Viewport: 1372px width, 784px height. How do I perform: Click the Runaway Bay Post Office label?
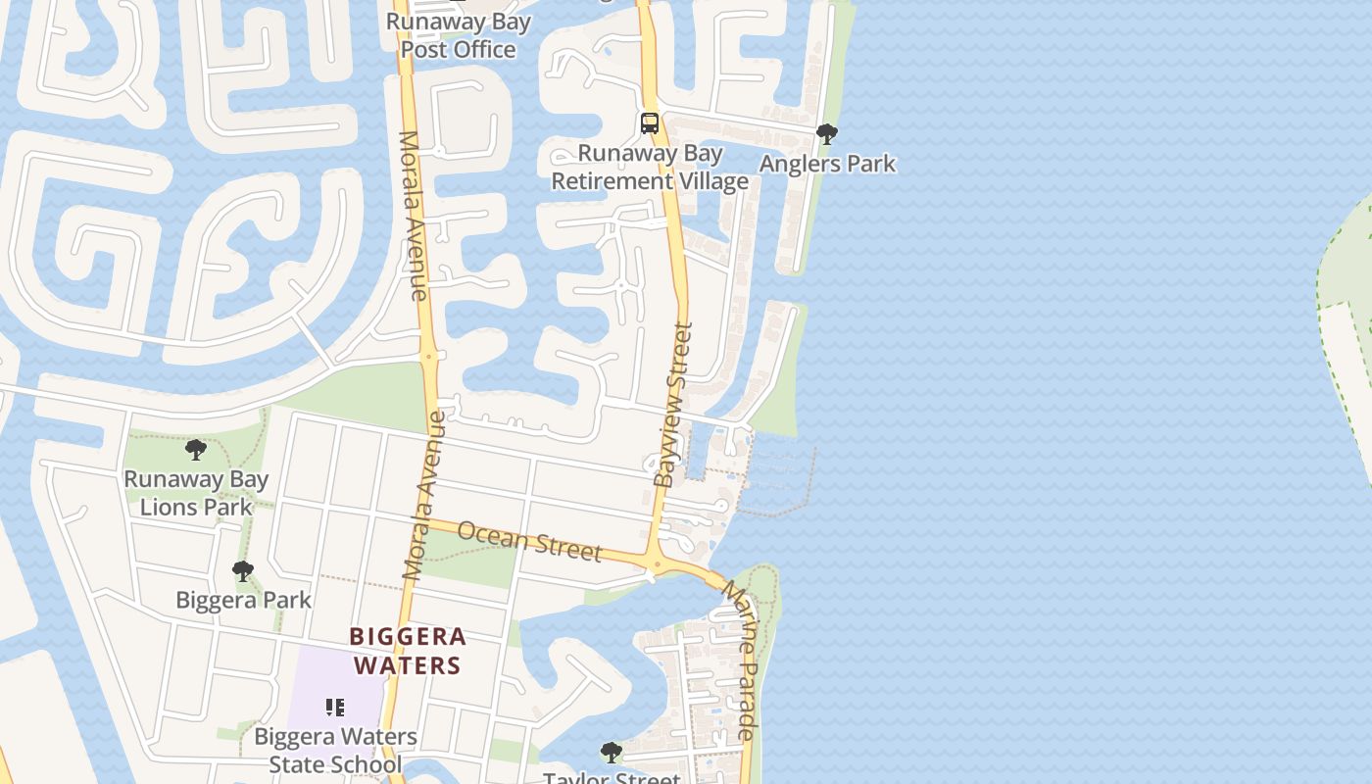tap(459, 35)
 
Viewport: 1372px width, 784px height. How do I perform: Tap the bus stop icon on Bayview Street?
tap(650, 123)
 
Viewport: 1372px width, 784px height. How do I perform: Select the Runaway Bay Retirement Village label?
tap(650, 168)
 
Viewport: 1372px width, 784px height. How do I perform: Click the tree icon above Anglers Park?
tap(827, 134)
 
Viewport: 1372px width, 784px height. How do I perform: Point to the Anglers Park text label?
tap(827, 164)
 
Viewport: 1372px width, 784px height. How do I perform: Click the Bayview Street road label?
tap(673, 404)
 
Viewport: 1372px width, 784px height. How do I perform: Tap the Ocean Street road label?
tap(529, 541)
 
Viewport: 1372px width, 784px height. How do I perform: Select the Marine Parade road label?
tap(740, 660)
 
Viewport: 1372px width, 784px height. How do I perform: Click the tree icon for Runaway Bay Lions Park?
tap(196, 451)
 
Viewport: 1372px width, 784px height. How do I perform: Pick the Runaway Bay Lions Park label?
tap(196, 493)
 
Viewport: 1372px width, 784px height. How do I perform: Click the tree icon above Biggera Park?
tap(243, 571)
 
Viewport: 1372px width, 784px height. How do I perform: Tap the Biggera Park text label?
tap(243, 600)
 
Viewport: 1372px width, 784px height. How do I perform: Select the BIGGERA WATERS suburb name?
tap(407, 652)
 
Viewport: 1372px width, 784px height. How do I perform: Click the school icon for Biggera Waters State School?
tap(335, 707)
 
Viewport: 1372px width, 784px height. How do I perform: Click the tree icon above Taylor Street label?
tap(612, 753)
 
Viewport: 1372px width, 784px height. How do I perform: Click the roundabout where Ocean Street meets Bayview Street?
tap(654, 563)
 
